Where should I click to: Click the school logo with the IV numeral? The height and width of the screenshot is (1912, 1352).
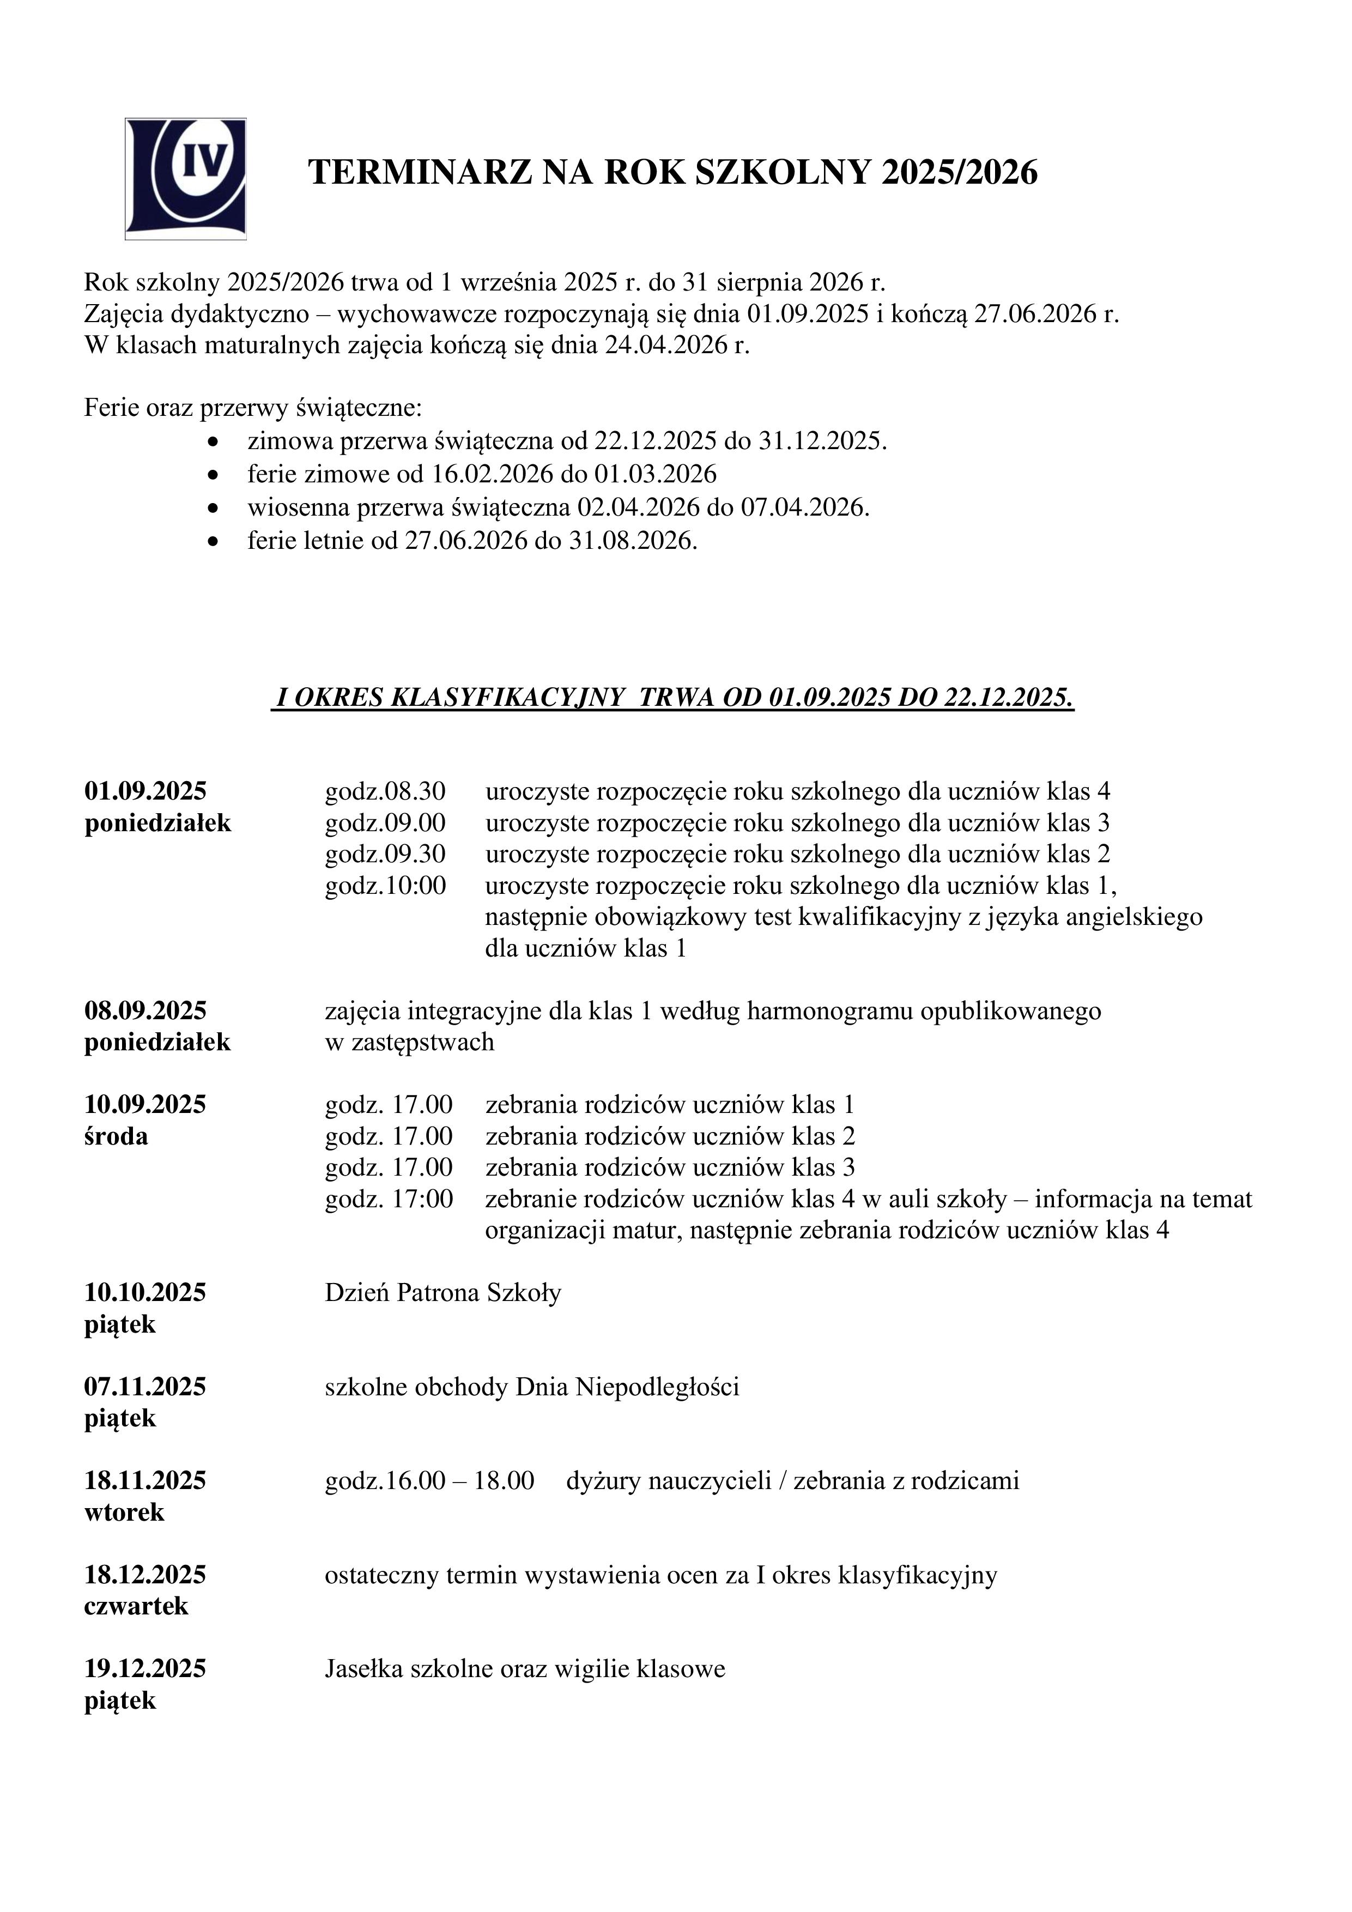(x=186, y=178)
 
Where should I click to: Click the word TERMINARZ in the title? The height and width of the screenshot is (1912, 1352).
(x=420, y=173)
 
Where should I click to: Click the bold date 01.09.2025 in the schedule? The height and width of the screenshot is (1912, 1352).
(x=145, y=790)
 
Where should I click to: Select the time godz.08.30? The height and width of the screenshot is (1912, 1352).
(x=385, y=790)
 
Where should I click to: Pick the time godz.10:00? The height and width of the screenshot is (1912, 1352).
(x=385, y=885)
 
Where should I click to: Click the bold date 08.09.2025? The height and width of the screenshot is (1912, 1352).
(x=145, y=1011)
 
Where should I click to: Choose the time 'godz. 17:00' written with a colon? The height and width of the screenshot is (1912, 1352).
(x=389, y=1199)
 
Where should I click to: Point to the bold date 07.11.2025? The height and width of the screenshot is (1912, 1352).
(x=145, y=1387)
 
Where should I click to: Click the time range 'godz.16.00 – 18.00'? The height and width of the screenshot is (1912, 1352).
(x=429, y=1481)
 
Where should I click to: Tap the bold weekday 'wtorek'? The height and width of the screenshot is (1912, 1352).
(x=124, y=1512)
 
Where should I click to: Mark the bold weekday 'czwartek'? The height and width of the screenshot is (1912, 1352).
(x=137, y=1606)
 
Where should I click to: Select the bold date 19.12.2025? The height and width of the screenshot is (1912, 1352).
(x=145, y=1669)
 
